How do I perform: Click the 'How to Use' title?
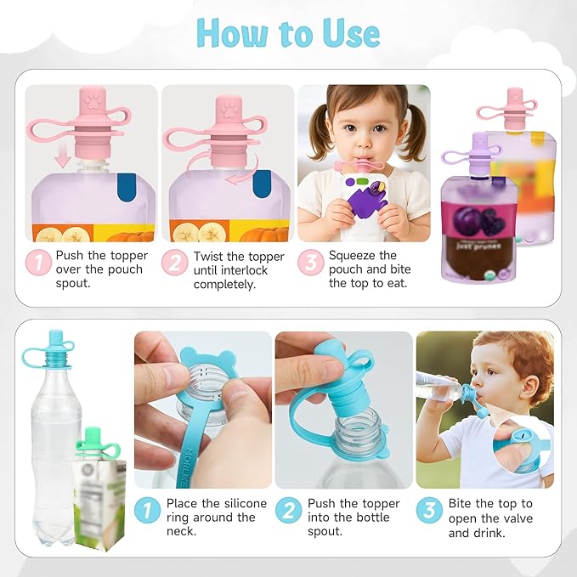click(x=287, y=33)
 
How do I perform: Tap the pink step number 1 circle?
click(x=38, y=263)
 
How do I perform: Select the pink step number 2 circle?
click(x=175, y=263)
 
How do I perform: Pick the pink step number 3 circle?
click(x=310, y=263)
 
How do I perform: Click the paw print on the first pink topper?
click(x=91, y=106)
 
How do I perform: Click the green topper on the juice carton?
click(x=95, y=441)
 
